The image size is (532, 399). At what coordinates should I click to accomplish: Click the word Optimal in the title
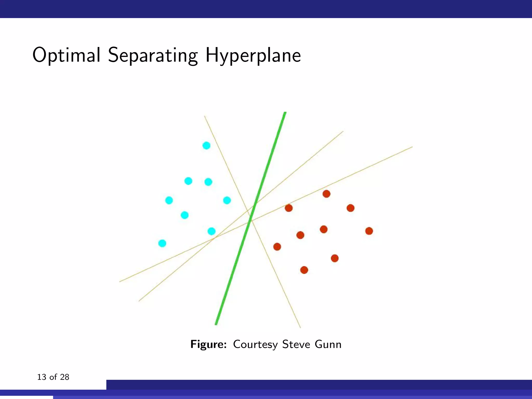coord(66,55)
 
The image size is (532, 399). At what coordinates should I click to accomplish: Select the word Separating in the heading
coord(153,56)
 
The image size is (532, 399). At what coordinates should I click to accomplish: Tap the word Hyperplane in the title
coord(253,56)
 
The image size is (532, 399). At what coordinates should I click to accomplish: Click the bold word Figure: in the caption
coord(209,344)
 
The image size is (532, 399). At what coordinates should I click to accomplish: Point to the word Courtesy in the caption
coord(255,344)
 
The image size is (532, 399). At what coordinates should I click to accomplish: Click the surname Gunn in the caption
coord(328,344)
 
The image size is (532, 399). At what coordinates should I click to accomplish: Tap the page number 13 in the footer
coord(42,377)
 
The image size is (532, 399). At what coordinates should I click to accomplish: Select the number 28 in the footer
coord(64,377)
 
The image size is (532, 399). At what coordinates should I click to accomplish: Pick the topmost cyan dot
coord(206,145)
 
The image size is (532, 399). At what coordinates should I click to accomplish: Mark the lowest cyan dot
coord(162,243)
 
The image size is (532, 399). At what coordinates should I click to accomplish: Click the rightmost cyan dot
coord(227,200)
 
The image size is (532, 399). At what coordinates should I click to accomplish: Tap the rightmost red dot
coord(369,231)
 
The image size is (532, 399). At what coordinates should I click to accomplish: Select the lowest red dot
coord(304,270)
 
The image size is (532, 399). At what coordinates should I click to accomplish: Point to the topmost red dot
coord(326,194)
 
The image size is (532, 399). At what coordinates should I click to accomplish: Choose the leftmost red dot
coord(277,247)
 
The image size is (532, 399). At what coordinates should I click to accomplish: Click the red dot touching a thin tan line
coord(289,208)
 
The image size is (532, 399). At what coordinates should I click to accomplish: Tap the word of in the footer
coord(53,377)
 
